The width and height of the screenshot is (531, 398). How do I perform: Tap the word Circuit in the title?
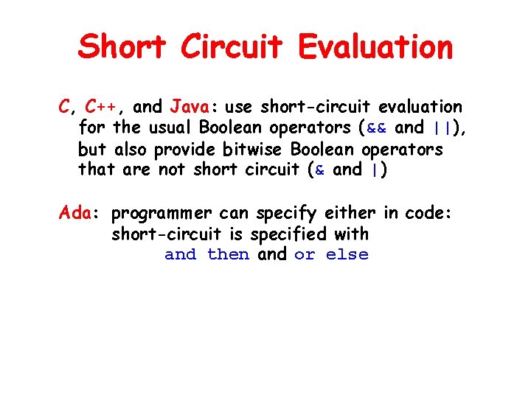pos(232,46)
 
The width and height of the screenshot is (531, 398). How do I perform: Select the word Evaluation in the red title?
pos(375,46)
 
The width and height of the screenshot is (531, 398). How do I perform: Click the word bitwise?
pos(256,149)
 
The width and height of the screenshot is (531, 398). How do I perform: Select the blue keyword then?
pos(228,255)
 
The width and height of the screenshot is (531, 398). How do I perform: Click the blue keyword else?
pos(347,255)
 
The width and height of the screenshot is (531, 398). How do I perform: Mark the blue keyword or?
pos(304,255)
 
